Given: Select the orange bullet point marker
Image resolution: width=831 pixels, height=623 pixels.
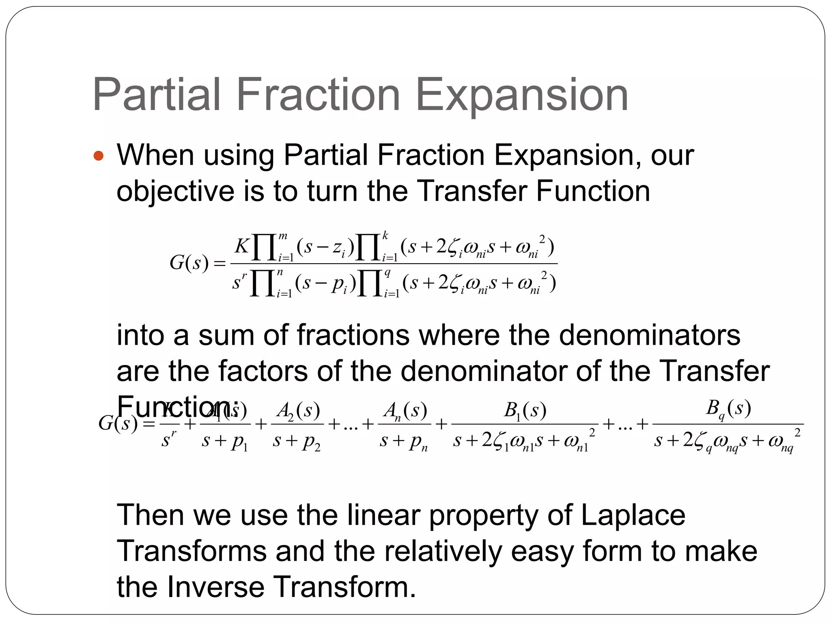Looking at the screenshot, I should tap(99, 156).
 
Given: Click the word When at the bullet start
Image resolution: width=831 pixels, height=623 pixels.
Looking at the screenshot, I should tap(155, 155).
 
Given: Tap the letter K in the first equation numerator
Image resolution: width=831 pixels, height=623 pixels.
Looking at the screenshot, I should tap(242, 245).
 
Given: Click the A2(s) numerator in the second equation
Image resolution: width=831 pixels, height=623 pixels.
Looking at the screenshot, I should tap(298, 411).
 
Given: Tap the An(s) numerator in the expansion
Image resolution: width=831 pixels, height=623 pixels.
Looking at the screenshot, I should tap(405, 411).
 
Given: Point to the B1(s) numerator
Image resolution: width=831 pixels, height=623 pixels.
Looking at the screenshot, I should tap(525, 411).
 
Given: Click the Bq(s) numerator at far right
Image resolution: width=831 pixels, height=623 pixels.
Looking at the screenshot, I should tap(728, 408).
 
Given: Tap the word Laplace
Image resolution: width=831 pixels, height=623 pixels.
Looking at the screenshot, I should tap(633, 515).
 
